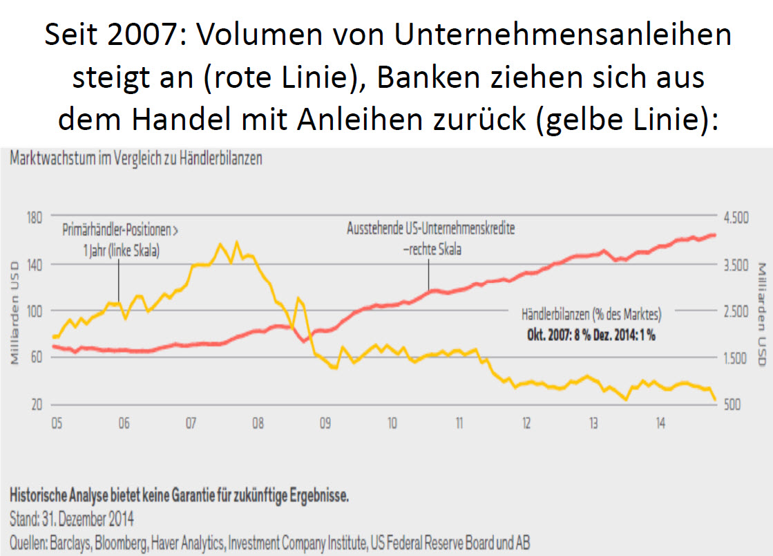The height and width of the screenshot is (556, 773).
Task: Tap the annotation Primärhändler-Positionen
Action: click(125, 229)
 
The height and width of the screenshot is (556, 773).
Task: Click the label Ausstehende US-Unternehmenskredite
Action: click(430, 228)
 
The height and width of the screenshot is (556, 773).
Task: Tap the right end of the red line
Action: click(714, 235)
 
